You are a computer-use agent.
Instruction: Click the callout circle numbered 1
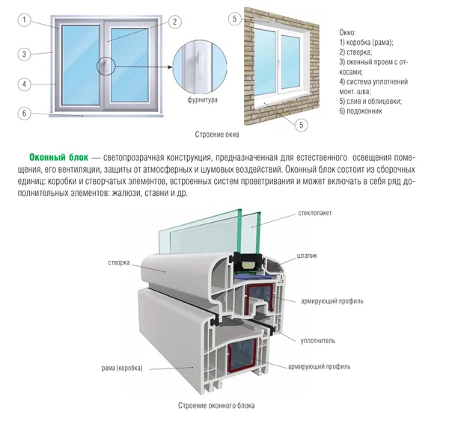click(25, 21)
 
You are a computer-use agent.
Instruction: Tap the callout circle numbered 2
click(174, 22)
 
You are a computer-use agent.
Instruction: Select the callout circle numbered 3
click(25, 54)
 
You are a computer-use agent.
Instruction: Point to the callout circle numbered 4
click(25, 84)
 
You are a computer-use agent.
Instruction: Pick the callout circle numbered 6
click(25, 114)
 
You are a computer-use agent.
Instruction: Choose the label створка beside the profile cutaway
click(118, 263)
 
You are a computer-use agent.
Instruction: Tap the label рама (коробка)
click(118, 368)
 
